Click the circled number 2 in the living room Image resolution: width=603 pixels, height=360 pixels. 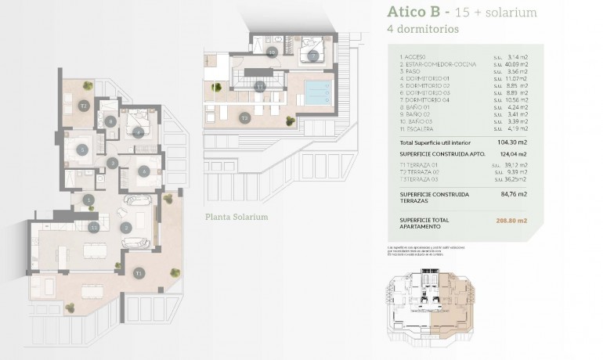[x=125, y=228]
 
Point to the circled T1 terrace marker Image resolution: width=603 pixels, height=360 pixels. [x=139, y=273]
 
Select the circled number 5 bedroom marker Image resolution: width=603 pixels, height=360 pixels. [x=81, y=148]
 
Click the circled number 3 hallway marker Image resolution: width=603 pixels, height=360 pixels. [x=113, y=163]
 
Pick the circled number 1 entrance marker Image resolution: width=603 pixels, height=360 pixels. [x=89, y=200]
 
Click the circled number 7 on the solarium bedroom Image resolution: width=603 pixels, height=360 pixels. [x=312, y=56]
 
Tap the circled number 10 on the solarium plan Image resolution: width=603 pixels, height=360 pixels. [x=271, y=52]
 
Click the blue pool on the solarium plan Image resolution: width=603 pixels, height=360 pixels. [x=318, y=92]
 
